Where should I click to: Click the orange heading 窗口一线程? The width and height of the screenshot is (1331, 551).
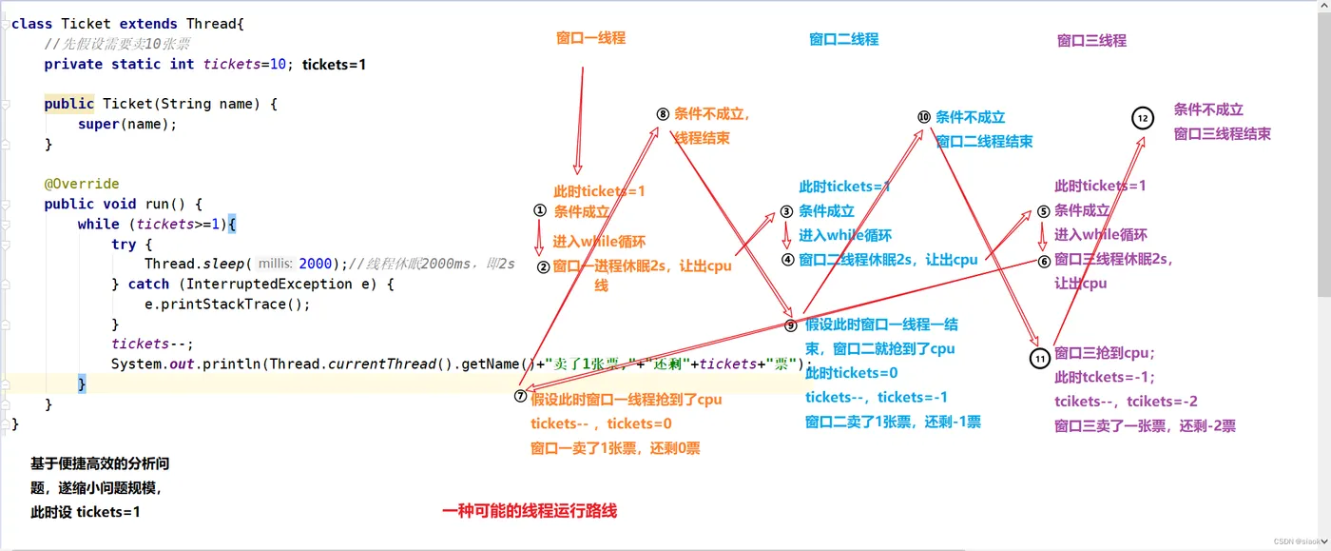point(590,38)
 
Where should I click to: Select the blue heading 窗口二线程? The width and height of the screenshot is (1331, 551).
point(843,39)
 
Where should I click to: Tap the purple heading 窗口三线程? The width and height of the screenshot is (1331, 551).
point(1091,40)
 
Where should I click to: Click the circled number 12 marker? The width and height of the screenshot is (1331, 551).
point(1142,118)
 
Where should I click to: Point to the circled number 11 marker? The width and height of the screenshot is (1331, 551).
point(1040,358)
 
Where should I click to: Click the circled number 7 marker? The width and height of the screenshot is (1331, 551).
point(520,396)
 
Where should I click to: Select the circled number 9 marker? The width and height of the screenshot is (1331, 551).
point(791,325)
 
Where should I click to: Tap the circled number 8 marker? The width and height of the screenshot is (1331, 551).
point(663,114)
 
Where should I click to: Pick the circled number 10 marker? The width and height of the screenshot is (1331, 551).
point(923,117)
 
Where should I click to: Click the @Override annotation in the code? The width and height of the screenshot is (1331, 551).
point(82,184)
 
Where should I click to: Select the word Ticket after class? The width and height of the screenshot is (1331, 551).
point(87,23)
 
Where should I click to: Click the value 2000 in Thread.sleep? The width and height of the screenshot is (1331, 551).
point(316,264)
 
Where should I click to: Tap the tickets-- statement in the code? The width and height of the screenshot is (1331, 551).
point(152,344)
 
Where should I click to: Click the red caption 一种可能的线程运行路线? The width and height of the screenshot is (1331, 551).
point(530,511)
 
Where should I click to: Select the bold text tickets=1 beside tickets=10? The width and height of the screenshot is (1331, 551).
point(334,64)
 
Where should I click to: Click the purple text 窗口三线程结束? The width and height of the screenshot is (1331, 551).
point(1222,134)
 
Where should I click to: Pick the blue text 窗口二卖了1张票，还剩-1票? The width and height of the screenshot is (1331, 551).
point(893,422)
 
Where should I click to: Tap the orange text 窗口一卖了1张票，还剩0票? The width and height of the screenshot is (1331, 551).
point(615,447)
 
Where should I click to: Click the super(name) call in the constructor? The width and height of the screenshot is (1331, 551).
point(127,124)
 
